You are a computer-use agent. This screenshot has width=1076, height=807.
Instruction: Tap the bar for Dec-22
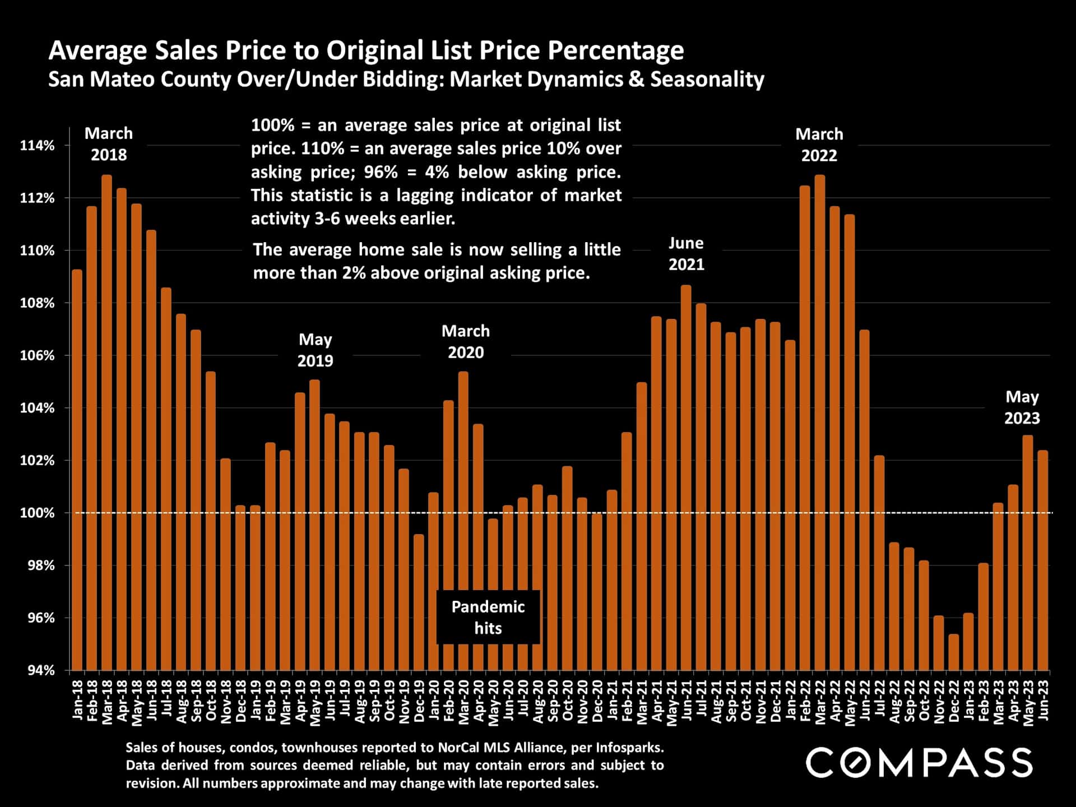[953, 652]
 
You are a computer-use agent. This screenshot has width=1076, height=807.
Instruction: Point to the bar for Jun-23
[1042, 560]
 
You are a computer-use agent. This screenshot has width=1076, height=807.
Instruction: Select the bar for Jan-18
[77, 470]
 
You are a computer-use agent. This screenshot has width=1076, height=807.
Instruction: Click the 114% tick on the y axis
[38, 146]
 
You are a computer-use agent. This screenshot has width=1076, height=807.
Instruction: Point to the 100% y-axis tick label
[38, 513]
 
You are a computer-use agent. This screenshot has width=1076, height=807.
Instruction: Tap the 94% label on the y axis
[41, 670]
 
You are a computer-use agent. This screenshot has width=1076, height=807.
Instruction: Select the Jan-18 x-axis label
[77, 701]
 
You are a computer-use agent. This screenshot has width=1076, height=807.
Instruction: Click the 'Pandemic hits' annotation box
[488, 617]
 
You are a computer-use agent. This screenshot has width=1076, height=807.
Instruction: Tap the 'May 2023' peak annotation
[1022, 407]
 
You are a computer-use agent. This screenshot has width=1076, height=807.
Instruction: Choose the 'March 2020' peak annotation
[466, 342]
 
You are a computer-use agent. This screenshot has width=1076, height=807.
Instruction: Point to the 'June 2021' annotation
[686, 254]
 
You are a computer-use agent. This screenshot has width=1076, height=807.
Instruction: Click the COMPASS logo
[919, 763]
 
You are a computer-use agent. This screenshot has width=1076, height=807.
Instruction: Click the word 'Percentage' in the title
[615, 50]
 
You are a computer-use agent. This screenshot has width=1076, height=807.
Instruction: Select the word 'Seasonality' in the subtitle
[707, 79]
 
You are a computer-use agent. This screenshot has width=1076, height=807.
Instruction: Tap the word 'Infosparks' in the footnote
[629, 747]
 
